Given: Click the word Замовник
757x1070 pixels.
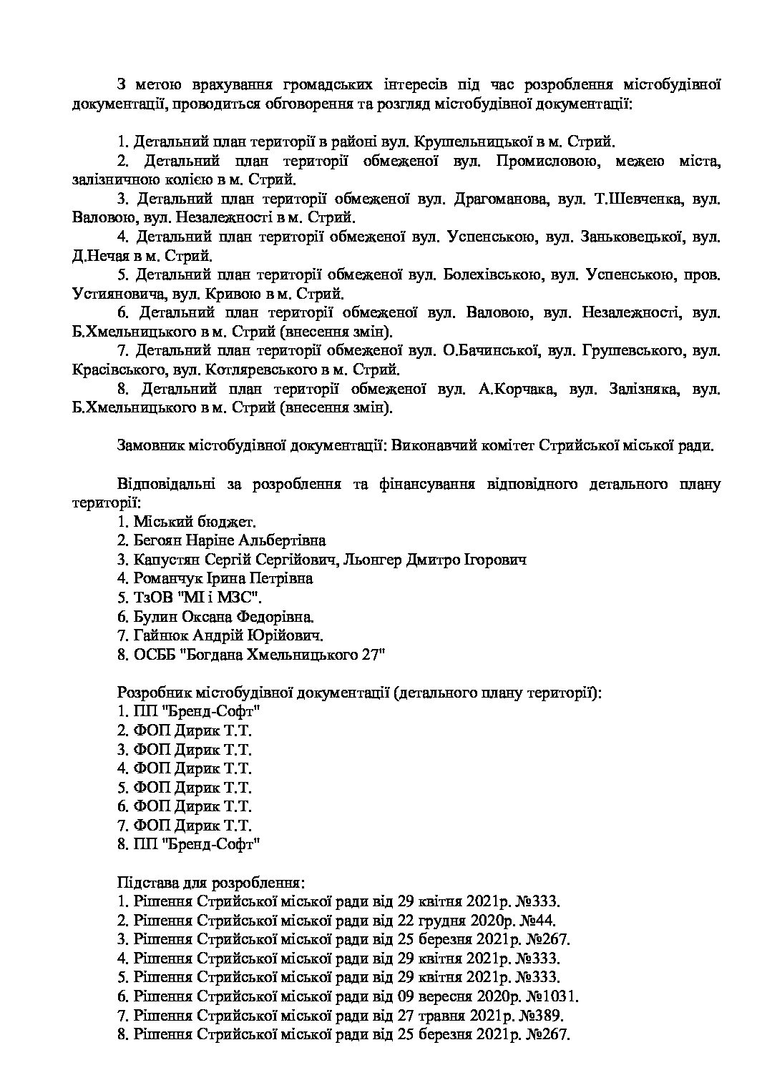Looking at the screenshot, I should [150, 446].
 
